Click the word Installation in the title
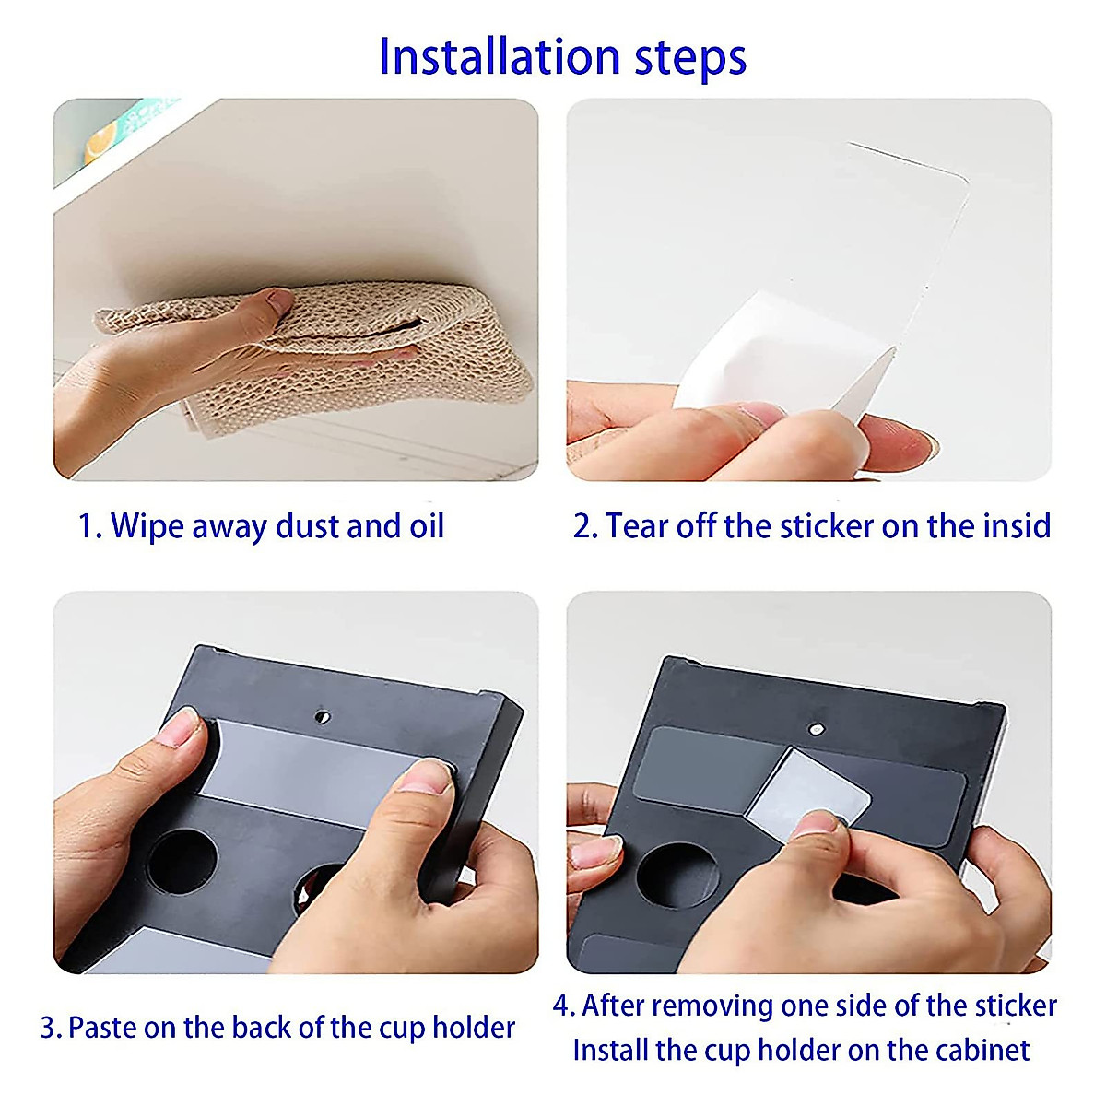[x=500, y=57]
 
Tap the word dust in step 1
[x=307, y=525]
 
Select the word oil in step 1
[x=427, y=525]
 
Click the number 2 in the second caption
[x=582, y=526]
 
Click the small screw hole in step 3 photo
[x=322, y=716]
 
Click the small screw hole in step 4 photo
[x=815, y=729]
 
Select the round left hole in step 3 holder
[x=182, y=861]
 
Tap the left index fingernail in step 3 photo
[x=178, y=727]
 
